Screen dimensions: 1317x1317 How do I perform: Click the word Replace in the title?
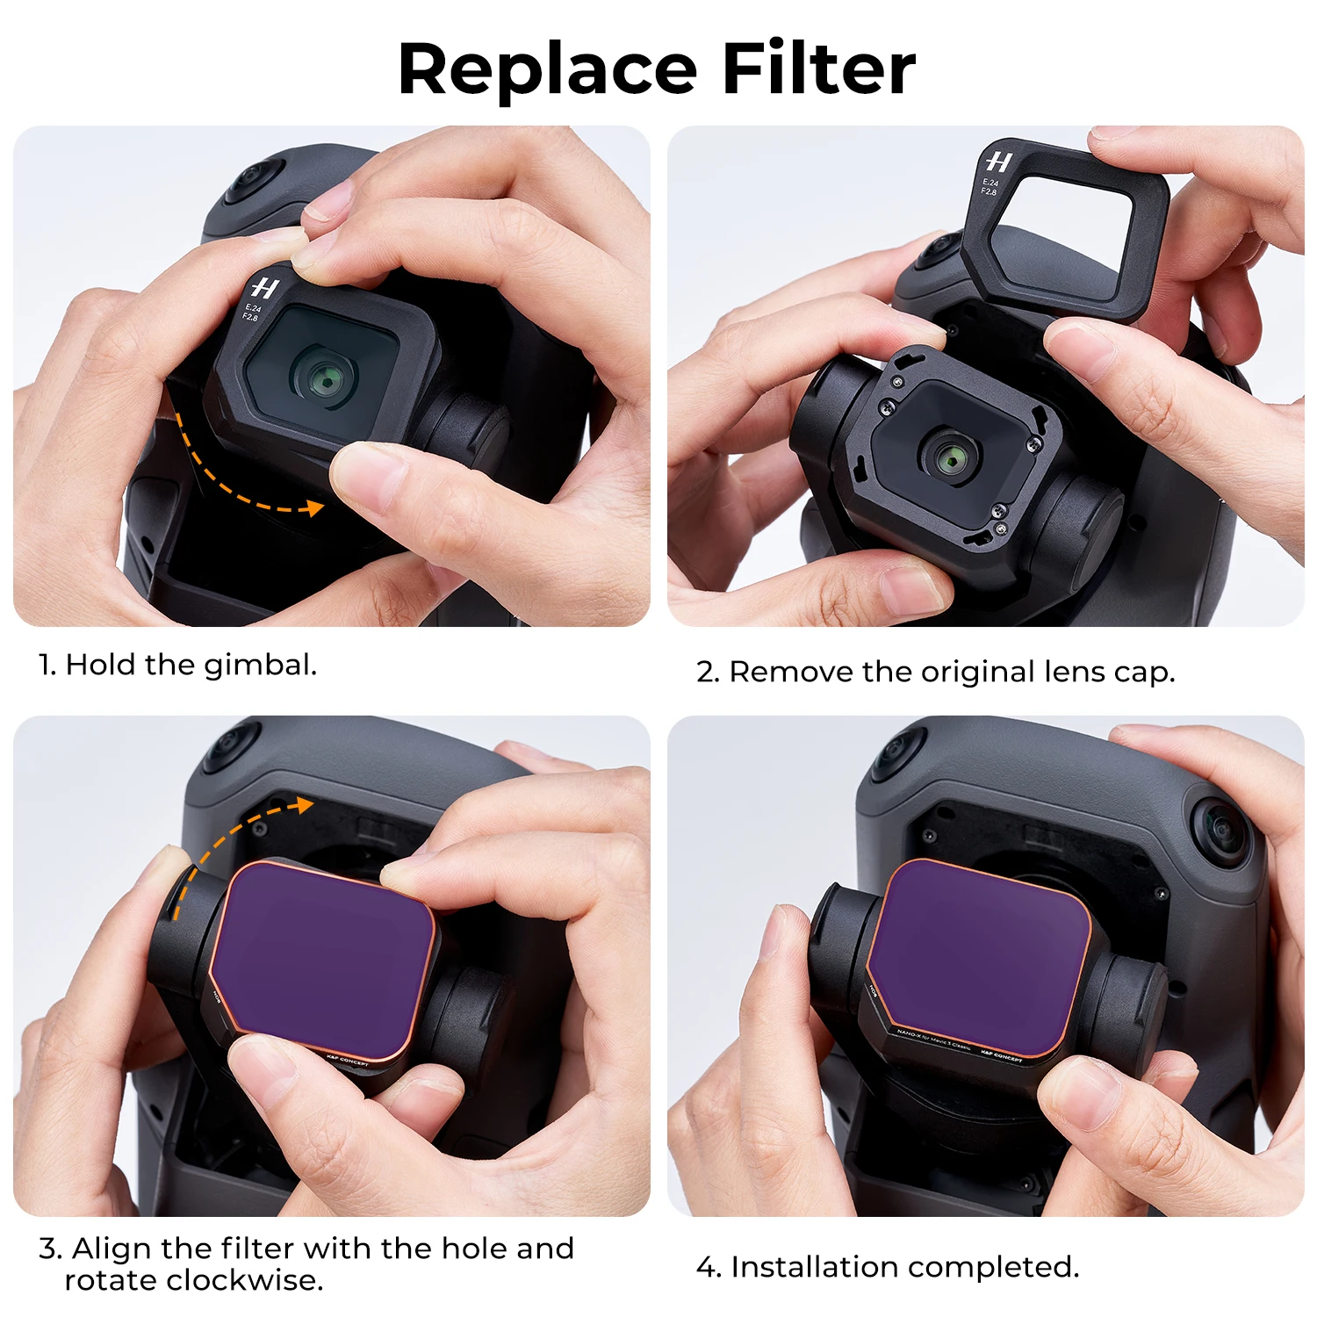coord(547,70)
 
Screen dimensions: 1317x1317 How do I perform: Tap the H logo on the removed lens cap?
coord(998,162)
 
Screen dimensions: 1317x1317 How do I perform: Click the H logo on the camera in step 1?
coord(263,288)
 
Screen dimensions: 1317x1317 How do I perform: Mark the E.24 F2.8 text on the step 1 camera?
coord(252,312)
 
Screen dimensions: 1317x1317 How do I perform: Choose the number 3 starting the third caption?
coord(48,1249)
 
